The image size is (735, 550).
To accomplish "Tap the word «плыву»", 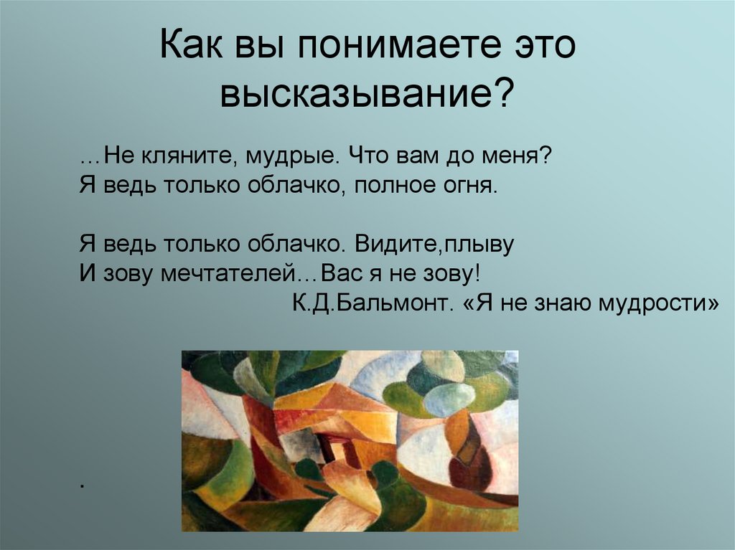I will [480, 245].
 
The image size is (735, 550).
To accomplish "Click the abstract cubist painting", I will [350, 441].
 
